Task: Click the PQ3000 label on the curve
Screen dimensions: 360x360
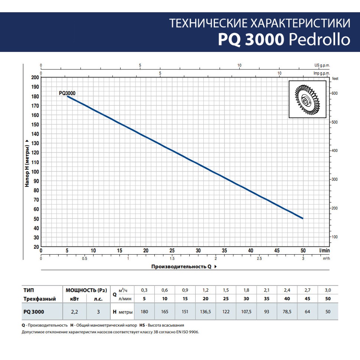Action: coord(67,94)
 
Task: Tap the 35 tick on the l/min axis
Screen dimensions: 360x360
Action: coord(224,251)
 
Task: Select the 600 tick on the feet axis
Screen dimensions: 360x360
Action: coord(334,93)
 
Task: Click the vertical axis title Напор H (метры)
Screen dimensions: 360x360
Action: coord(27,163)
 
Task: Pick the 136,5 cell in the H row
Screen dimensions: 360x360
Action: coord(206,312)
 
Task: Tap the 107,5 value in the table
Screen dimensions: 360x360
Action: coord(246,312)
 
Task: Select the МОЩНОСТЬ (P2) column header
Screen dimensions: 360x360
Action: coord(86,290)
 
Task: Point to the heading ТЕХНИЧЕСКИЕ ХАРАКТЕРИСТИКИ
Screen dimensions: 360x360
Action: coord(260,23)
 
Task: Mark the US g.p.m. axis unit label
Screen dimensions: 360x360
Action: coord(322,65)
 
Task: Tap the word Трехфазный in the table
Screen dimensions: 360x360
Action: coord(40,299)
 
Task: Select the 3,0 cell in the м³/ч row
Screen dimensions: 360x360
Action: coord(328,290)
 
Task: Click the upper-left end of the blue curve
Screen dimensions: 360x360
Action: coord(68,96)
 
